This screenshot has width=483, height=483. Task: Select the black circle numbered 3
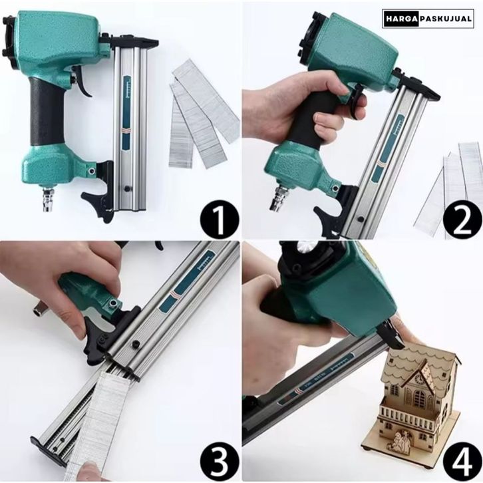pos(220,462)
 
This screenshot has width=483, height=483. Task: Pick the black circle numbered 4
pos(462,462)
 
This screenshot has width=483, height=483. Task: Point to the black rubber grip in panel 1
pos(47,112)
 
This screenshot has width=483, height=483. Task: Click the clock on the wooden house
pos(418,379)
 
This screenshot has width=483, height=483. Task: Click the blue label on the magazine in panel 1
pos(126,113)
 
